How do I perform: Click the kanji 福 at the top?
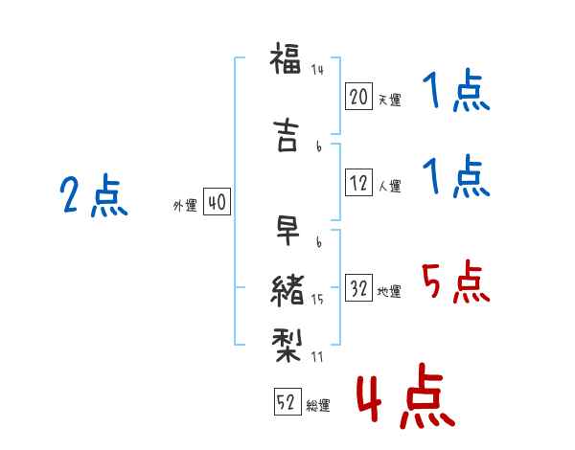coord(286,58)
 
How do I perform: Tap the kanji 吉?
coord(286,135)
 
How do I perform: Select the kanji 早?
coord(287,230)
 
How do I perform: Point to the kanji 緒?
coord(287,290)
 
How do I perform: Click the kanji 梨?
coord(287,346)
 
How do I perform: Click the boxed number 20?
coord(358,97)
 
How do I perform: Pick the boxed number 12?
coord(358,182)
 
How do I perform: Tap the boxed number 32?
coord(358,287)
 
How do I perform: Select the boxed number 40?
coord(217,202)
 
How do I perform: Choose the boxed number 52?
coord(287,401)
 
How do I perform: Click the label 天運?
coord(389,100)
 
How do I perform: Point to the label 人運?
coord(389,186)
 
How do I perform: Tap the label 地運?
coord(389,291)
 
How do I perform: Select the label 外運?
coord(185,206)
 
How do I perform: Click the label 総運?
coord(318,405)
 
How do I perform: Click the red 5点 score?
coord(455,281)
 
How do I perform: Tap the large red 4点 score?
coord(405,395)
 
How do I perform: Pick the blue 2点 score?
coord(94,194)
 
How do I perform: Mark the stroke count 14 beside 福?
coord(317,70)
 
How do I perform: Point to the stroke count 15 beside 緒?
coord(317,300)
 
